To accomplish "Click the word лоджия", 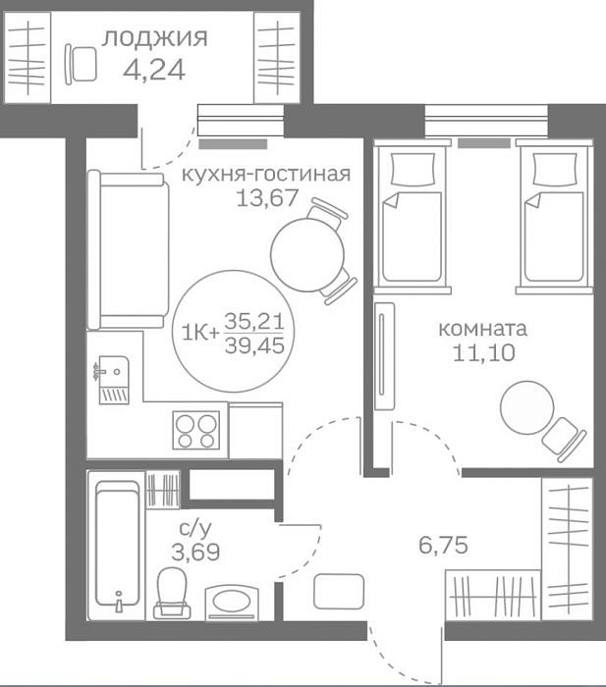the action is tap(155, 38).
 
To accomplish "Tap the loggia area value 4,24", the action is tap(154, 70).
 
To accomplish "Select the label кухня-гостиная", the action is tap(266, 175).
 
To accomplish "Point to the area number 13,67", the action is tap(267, 197).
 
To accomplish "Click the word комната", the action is tap(483, 329).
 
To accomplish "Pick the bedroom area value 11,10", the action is tap(483, 353).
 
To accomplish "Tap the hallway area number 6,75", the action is tap(443, 545).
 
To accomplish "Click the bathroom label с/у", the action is tap(195, 529).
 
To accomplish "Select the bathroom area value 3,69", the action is tap(195, 552).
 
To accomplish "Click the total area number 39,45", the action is tap(254, 345).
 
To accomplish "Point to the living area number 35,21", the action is tap(254, 322).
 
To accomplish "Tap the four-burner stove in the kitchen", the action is tap(196, 430).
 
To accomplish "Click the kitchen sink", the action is tap(113, 380).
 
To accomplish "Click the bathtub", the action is tap(117, 546).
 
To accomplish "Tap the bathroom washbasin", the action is tap(233, 601).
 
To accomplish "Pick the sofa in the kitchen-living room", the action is tap(129, 249).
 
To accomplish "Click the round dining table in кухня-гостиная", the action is tap(307, 255).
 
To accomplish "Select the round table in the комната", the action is tap(527, 408).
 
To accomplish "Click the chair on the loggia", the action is tap(82, 64).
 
